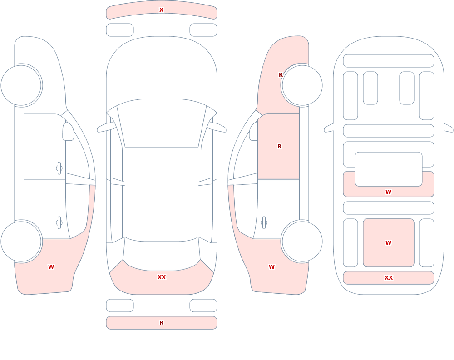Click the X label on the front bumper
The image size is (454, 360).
click(x=161, y=10)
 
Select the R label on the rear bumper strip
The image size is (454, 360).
click(x=161, y=323)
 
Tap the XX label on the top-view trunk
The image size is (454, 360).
click(x=162, y=277)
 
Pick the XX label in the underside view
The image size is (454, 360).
click(x=388, y=278)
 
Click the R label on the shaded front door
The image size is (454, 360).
click(x=279, y=147)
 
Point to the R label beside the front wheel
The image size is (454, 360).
click(x=281, y=75)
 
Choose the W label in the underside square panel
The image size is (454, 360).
click(x=388, y=243)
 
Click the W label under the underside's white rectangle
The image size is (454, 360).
click(x=388, y=192)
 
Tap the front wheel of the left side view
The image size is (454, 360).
click(x=21, y=85)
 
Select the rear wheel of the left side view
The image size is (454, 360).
click(x=21, y=241)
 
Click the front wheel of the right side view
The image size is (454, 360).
click(x=302, y=85)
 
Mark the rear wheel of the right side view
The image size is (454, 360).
click(x=302, y=241)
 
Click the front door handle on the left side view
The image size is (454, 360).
click(x=59, y=168)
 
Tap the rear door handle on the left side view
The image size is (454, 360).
click(x=59, y=223)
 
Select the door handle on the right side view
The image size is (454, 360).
click(x=264, y=223)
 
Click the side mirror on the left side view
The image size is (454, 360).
click(x=68, y=132)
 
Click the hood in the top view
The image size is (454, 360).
click(x=162, y=69)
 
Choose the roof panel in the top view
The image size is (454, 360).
click(x=162, y=194)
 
